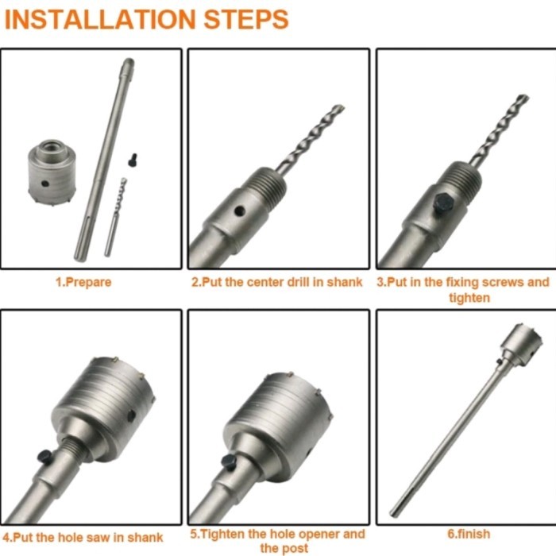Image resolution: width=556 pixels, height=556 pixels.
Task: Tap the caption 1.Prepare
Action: click(83, 282)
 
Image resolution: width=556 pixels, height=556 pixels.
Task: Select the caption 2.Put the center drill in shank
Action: click(277, 282)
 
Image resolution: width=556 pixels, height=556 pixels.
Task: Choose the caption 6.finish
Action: click(468, 534)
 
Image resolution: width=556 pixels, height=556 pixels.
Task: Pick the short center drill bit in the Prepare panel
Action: click(116, 214)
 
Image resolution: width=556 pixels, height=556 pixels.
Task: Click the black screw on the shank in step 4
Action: click(46, 456)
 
